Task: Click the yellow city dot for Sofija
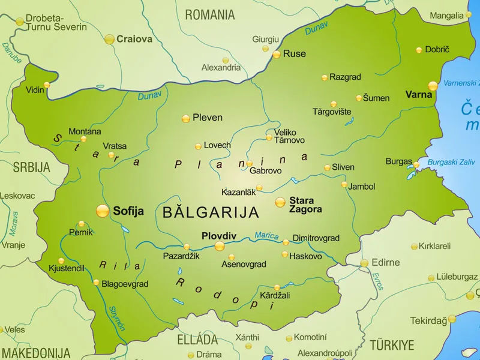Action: tap(103, 211)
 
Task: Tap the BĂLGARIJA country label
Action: tap(211, 212)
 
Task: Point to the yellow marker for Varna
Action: tap(433, 86)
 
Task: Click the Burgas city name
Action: tap(398, 161)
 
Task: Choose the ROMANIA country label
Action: tap(209, 14)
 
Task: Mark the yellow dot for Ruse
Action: tap(277, 54)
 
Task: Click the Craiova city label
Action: tap(134, 40)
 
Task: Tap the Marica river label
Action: tap(266, 235)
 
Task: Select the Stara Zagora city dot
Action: tap(280, 202)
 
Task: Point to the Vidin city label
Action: tap(35, 90)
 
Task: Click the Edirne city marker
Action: tap(364, 263)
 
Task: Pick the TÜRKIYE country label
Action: tap(391, 345)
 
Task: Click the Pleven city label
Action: tap(207, 118)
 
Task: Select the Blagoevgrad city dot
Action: tap(96, 282)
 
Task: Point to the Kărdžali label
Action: tap(275, 296)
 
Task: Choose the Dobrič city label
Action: tap(437, 50)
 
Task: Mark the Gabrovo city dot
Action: tap(249, 163)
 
